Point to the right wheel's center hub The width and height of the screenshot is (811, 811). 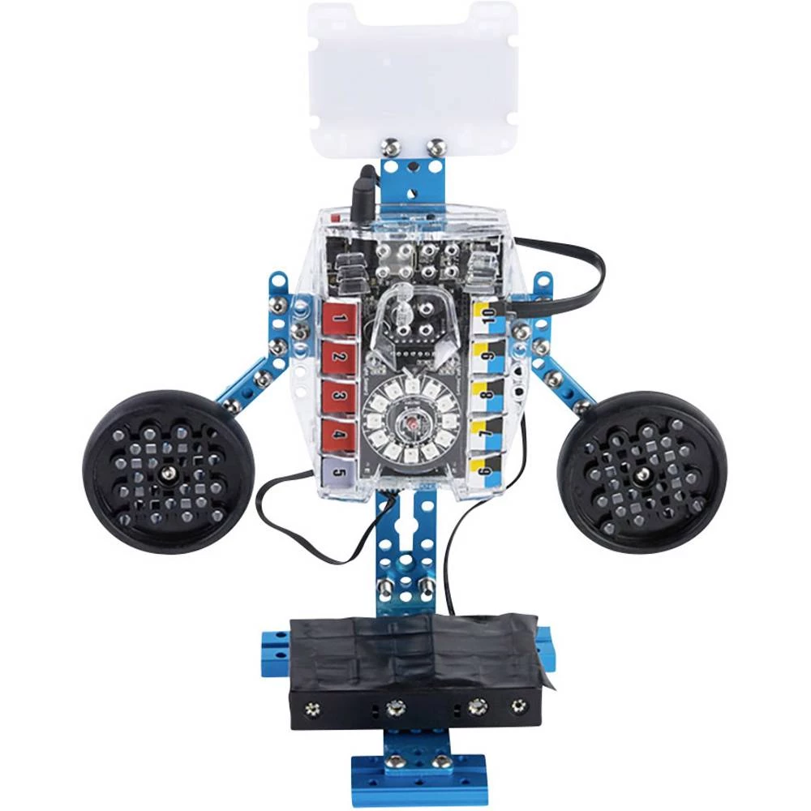[642, 472]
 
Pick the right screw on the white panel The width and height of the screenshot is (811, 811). [437, 147]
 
